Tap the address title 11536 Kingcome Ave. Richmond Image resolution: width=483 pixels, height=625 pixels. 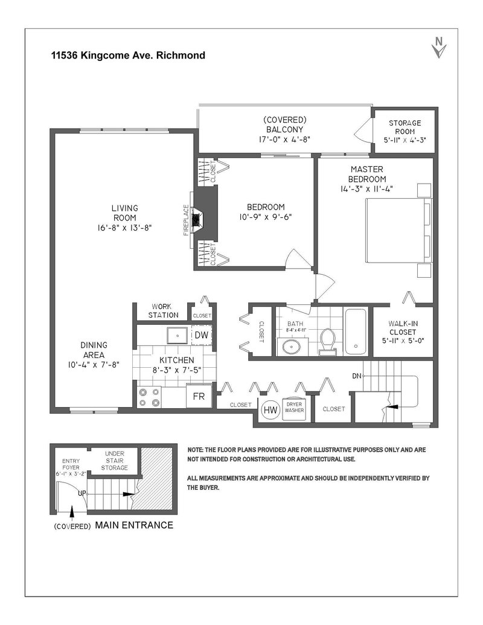tap(128, 56)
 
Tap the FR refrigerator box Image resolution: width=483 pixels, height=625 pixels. tap(198, 397)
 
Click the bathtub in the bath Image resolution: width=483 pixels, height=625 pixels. tap(355, 332)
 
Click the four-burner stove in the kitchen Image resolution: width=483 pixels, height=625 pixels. tap(149, 397)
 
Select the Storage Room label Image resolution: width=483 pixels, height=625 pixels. tap(405, 127)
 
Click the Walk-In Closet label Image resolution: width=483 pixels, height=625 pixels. tap(403, 332)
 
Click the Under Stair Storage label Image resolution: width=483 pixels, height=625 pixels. tap(116, 460)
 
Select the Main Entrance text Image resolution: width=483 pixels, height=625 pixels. tap(134, 525)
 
